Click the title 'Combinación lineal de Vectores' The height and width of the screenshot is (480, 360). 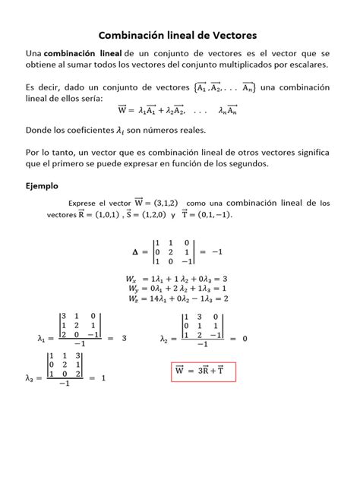coord(179,35)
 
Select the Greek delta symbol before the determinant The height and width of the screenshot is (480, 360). coord(137,251)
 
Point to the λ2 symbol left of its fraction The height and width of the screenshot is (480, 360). coord(165,339)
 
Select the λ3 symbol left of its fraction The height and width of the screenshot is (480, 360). coord(30,377)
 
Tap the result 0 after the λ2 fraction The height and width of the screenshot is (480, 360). coord(245,339)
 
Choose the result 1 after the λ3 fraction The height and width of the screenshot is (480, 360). coord(103,377)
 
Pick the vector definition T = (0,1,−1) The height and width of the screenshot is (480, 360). coord(210,215)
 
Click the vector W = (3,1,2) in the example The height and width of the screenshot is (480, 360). coord(157,203)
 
